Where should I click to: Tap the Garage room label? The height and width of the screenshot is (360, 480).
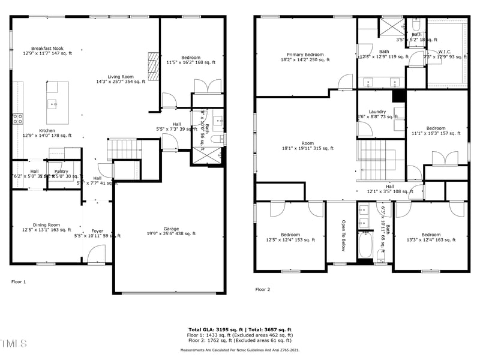click(172, 229)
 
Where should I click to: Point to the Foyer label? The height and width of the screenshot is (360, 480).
click(97, 231)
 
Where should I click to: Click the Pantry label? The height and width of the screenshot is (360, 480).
click(61, 172)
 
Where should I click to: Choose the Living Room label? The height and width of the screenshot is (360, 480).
click(121, 77)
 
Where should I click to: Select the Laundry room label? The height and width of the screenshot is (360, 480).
click(377, 112)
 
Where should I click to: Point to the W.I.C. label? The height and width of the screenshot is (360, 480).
click(445, 52)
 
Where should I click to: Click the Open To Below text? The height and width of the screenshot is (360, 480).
click(344, 235)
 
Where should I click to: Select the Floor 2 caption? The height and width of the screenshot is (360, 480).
click(263, 289)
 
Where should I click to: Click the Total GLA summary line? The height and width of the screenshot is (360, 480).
click(239, 330)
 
